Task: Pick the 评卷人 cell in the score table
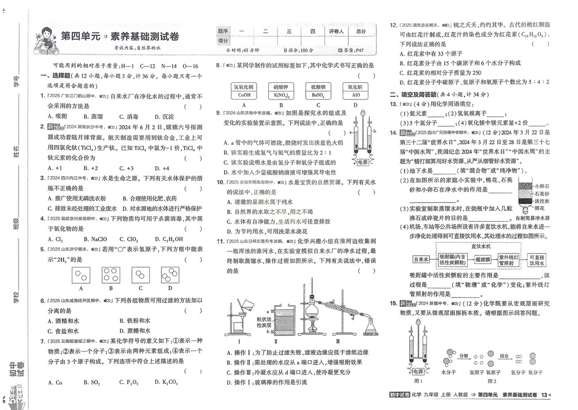pos(336,31)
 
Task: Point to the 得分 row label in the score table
pos(223,41)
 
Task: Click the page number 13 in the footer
pos(544,395)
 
